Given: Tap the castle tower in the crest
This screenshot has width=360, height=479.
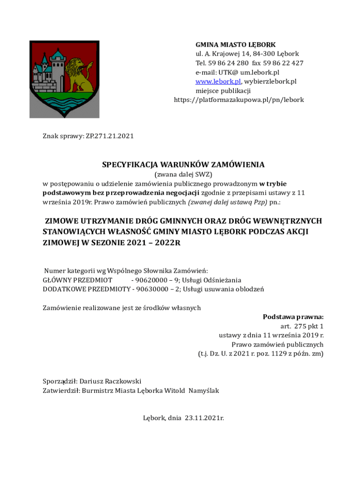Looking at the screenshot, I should click(57, 70).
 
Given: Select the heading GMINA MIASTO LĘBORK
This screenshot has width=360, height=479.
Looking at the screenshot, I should click(235, 45).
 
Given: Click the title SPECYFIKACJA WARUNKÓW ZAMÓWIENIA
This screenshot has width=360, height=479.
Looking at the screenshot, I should click(183, 165).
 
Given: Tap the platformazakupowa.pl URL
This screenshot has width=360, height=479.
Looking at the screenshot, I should click(239, 100).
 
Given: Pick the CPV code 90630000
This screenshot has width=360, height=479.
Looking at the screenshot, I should click(152, 289).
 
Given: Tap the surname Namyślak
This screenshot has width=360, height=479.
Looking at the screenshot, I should click(203, 391).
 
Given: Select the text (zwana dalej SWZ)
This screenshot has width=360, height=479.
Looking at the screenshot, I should click(183, 174).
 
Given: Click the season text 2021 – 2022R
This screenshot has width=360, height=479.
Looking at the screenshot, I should click(153, 243).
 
